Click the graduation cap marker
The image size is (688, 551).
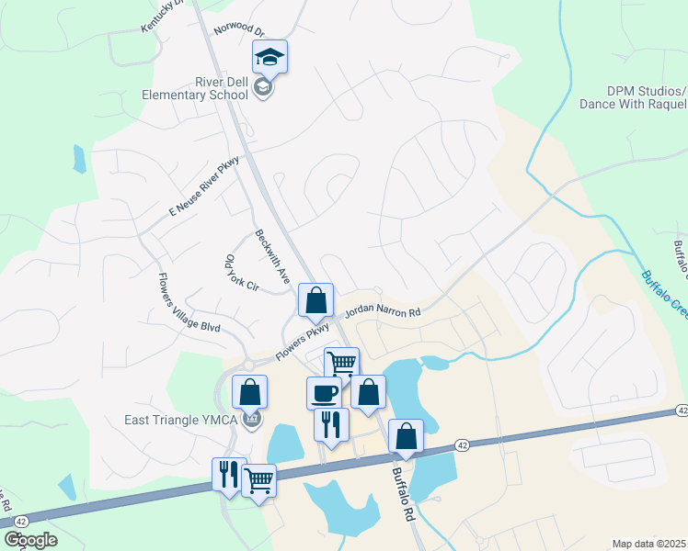[269, 58]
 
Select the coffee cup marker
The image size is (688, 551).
[324, 393]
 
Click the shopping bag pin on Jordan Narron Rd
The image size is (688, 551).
[315, 299]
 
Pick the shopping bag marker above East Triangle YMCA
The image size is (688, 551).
[249, 392]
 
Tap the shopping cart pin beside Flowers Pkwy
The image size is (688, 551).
[341, 362]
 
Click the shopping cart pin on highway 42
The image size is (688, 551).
[259, 478]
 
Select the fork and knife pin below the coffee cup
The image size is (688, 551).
[331, 424]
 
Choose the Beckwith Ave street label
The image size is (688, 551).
[272, 255]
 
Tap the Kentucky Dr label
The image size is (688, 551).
[162, 16]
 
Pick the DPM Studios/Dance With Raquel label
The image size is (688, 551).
[633, 97]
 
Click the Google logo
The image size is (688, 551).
[30, 540]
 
